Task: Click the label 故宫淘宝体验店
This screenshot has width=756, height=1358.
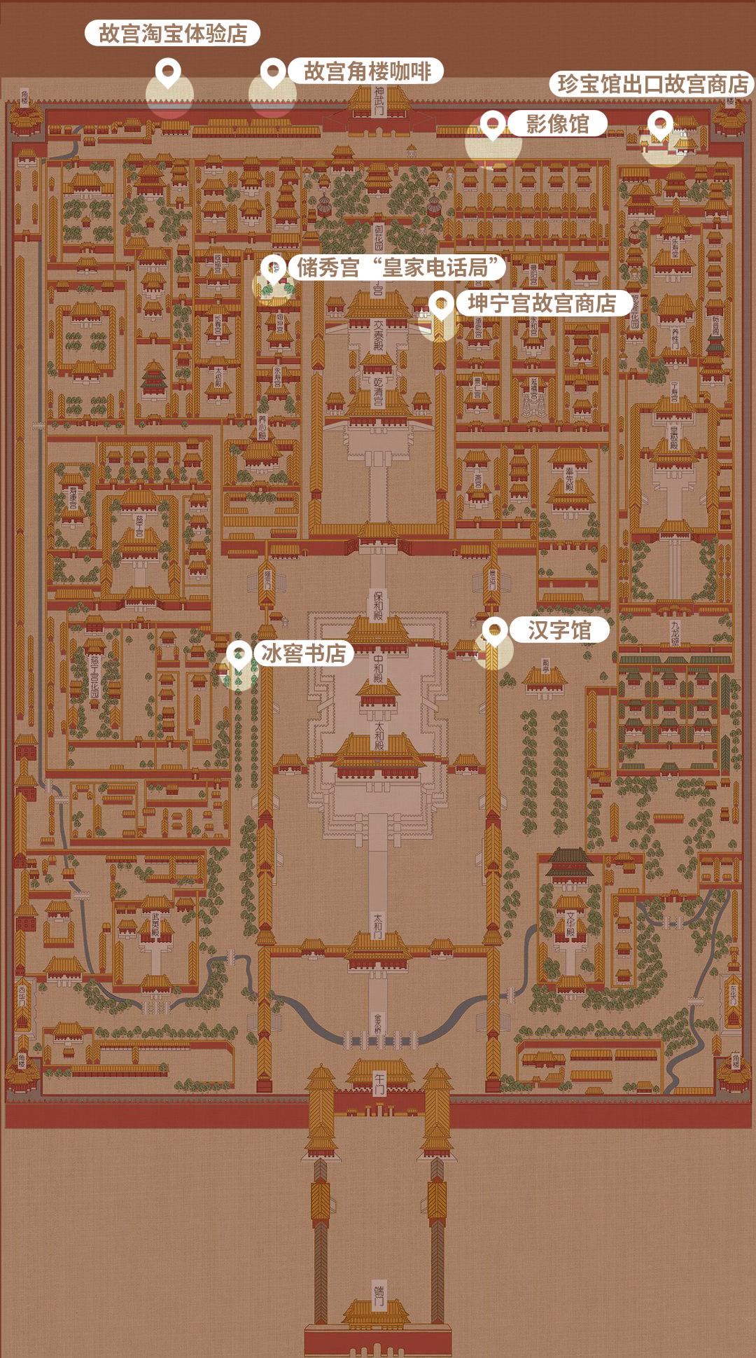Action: pyautogui.click(x=172, y=34)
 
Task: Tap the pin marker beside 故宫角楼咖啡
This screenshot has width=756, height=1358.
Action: pyautogui.click(x=273, y=71)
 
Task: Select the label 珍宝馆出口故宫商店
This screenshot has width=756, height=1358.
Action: pyautogui.click(x=652, y=84)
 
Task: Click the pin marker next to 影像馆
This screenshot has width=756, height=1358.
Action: pyautogui.click(x=493, y=124)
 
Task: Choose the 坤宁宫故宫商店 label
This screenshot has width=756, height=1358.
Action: pyautogui.click(x=542, y=303)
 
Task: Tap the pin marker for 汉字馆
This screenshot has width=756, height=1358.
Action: pyautogui.click(x=495, y=630)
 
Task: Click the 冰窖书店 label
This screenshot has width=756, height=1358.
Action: pyautogui.click(x=303, y=653)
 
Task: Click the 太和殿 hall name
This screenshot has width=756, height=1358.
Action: pyautogui.click(x=379, y=736)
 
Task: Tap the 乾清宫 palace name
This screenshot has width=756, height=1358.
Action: pyautogui.click(x=378, y=392)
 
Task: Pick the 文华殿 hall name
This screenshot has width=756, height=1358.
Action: pyautogui.click(x=571, y=924)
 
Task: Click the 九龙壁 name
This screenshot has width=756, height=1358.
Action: pyautogui.click(x=675, y=632)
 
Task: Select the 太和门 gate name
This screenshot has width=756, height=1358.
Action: pyautogui.click(x=378, y=925)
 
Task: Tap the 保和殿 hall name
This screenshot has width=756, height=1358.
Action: pyautogui.click(x=378, y=605)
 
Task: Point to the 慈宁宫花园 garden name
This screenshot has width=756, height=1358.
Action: pyautogui.click(x=94, y=677)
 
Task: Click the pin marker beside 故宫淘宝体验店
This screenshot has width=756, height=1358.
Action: pyautogui.click(x=168, y=71)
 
